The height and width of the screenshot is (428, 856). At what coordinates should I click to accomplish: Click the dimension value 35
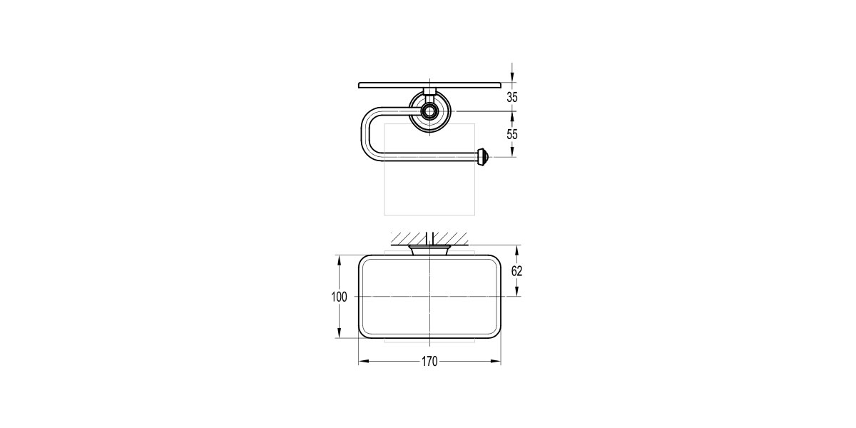click(512, 98)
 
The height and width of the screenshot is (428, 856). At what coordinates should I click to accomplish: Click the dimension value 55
click(512, 134)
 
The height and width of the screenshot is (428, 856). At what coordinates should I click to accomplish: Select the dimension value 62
click(516, 271)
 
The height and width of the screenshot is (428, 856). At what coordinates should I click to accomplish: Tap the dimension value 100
click(339, 297)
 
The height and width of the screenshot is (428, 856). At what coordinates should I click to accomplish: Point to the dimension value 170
click(429, 361)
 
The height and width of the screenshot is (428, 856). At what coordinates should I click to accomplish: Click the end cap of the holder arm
click(482, 157)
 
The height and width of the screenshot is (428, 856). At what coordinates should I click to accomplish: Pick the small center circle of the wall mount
click(429, 111)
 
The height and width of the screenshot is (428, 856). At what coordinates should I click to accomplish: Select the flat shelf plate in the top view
click(429, 85)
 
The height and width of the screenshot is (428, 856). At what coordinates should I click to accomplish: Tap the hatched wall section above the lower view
click(429, 238)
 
